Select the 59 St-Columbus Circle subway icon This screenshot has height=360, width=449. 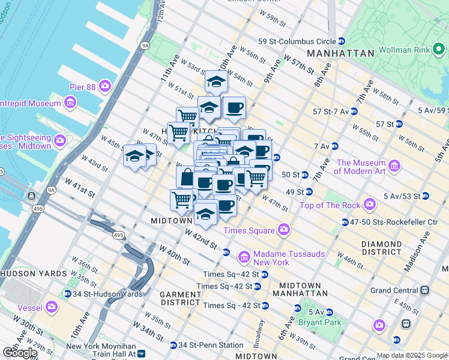(x=342, y=41)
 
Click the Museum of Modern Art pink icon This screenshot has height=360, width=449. (x=394, y=165)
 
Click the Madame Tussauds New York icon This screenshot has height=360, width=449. (x=244, y=258)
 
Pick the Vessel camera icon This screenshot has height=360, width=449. (x=52, y=307)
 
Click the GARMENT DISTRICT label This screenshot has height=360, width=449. (x=181, y=299)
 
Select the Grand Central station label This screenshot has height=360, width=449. (x=394, y=290)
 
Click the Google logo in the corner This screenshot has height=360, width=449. (x=20, y=352)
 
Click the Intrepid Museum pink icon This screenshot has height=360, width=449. (x=70, y=103)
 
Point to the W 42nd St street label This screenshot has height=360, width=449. (x=200, y=239)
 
